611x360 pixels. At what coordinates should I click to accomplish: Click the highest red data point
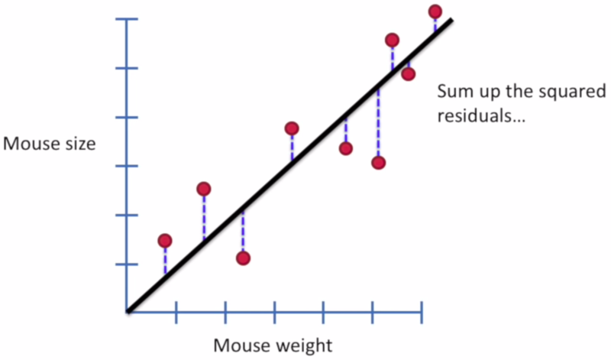tap(435, 11)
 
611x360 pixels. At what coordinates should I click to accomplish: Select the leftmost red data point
tap(165, 241)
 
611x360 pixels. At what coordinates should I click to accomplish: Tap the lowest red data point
tap(243, 258)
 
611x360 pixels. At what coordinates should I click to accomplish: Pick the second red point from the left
tap(203, 189)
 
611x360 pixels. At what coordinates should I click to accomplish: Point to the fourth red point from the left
tap(291, 128)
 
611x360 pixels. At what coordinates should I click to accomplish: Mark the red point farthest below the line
tap(378, 163)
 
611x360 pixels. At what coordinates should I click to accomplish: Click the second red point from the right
tap(408, 73)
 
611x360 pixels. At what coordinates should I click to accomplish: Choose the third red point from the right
tap(392, 40)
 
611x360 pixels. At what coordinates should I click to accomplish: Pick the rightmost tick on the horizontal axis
tap(421, 312)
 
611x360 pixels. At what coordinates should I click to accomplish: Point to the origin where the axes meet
tap(128, 312)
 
